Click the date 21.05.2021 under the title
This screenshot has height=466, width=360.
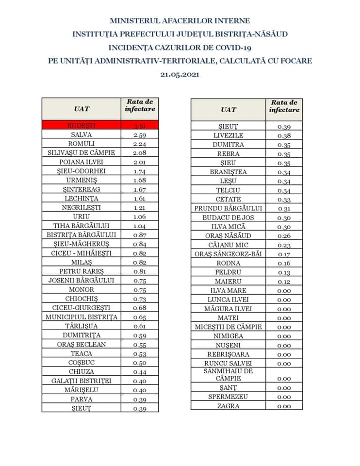click(x=180, y=75)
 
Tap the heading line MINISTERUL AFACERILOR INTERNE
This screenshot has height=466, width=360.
click(x=180, y=21)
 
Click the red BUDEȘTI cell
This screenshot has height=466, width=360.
click(x=81, y=125)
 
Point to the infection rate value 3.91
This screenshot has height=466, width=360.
click(x=140, y=126)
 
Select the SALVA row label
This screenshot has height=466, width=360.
click(x=81, y=134)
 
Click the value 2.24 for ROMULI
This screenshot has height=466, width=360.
click(x=140, y=144)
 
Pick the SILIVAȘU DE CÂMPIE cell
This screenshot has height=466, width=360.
click(x=81, y=152)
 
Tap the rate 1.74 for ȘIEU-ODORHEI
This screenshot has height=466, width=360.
click(x=140, y=171)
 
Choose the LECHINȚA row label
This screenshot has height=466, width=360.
click(x=81, y=198)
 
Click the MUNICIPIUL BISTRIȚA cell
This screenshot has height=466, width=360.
click(x=81, y=317)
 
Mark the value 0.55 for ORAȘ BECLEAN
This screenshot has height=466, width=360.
click(x=140, y=345)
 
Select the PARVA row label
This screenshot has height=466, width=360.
click(x=81, y=399)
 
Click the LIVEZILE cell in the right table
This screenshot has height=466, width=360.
click(x=228, y=135)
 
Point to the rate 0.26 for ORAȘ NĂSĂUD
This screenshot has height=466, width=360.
click(x=284, y=236)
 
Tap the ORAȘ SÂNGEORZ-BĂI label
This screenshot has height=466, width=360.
click(x=228, y=254)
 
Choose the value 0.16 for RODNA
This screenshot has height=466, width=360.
click(x=284, y=263)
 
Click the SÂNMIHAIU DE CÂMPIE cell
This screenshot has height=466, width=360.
click(x=228, y=374)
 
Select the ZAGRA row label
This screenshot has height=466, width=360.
click(x=228, y=406)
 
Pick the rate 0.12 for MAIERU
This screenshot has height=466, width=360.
click(x=284, y=282)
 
